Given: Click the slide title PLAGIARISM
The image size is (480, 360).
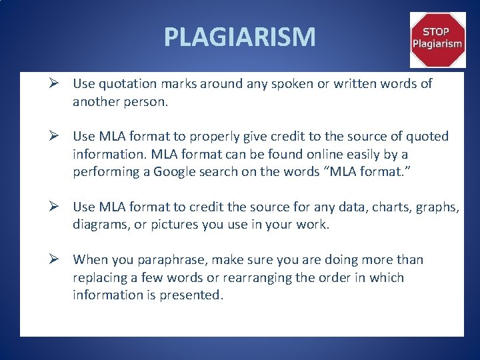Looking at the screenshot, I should click(240, 37).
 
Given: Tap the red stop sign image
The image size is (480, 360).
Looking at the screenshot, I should click(437, 40).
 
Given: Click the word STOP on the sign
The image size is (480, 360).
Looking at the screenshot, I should click(437, 31).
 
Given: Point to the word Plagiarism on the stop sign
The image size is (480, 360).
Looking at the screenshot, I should click(437, 44).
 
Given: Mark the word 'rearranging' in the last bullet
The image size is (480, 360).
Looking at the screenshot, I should click(256, 277).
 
